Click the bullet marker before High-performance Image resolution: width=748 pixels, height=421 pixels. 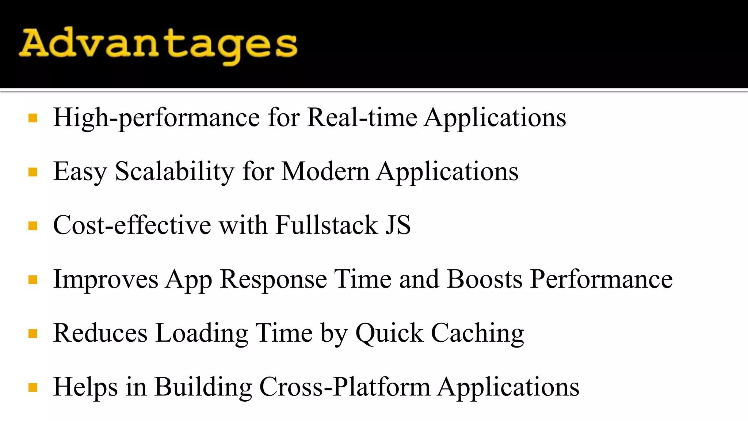pyautogui.click(x=33, y=118)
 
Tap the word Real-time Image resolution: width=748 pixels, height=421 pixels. pyautogui.click(x=362, y=118)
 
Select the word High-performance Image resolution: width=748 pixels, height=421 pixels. pyautogui.click(x=156, y=118)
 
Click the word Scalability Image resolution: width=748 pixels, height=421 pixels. pyautogui.click(x=174, y=171)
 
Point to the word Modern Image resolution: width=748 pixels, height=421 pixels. pyautogui.click(x=325, y=171)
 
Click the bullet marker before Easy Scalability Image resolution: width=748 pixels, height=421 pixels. pyautogui.click(x=33, y=172)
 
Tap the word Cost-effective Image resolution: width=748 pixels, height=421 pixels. pyautogui.click(x=132, y=225)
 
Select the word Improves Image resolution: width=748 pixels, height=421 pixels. pyautogui.click(x=106, y=279)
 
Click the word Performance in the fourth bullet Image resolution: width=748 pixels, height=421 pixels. pyautogui.click(x=601, y=279)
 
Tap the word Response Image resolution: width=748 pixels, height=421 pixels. pyautogui.click(x=274, y=279)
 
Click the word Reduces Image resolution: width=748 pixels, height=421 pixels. pyautogui.click(x=100, y=333)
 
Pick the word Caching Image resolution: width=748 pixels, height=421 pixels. pyautogui.click(x=477, y=333)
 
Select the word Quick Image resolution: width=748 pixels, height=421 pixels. pyautogui.click(x=389, y=333)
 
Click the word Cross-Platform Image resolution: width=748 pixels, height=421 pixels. pyautogui.click(x=344, y=387)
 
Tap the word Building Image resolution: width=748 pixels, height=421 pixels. pyautogui.click(x=203, y=387)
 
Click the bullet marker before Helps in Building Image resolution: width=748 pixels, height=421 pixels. pyautogui.click(x=33, y=387)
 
